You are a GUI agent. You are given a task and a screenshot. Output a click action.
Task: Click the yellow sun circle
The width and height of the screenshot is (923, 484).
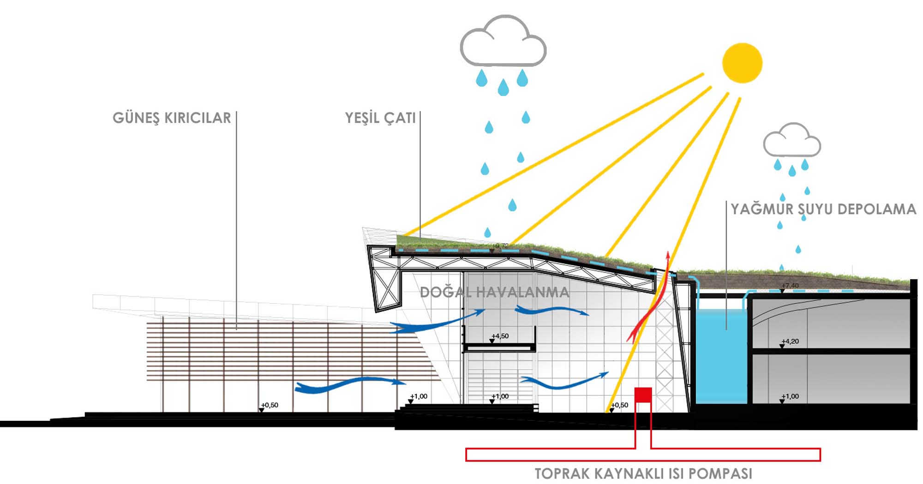[x=742, y=63]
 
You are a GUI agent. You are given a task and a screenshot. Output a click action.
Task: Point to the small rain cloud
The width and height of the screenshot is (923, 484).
[x=792, y=140]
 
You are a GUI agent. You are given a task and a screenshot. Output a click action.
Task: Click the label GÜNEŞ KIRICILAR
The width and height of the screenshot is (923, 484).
[x=172, y=118]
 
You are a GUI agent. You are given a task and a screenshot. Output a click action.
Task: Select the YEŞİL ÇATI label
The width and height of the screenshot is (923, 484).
[x=380, y=118]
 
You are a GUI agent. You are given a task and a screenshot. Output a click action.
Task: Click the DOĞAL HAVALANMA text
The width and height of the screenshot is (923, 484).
[x=494, y=292]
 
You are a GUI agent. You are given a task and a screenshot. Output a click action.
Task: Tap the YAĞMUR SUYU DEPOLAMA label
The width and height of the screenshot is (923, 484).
[x=823, y=209]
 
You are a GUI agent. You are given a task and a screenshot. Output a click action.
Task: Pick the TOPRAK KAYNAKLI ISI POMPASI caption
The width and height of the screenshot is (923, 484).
[x=643, y=473]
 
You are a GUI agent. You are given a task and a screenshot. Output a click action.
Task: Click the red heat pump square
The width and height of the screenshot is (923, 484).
[x=643, y=395]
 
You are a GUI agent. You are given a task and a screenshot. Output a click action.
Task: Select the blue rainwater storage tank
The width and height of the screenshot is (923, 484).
[x=720, y=355]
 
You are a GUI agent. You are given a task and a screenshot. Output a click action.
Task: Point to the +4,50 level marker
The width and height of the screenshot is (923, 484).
[x=500, y=336]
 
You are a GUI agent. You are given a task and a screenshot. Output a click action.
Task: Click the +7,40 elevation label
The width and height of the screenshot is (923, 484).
[x=790, y=286]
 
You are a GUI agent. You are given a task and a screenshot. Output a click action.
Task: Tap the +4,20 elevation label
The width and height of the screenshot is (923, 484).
[x=790, y=341]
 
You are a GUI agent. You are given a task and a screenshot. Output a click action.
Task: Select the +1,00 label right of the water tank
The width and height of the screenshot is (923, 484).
[x=790, y=396]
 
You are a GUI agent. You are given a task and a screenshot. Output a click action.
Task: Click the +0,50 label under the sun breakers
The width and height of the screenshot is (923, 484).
[x=270, y=405]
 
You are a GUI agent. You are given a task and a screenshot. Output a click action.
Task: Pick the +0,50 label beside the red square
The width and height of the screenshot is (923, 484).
[x=620, y=405]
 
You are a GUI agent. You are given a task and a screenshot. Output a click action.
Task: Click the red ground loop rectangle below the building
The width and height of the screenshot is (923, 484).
[x=643, y=454]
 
